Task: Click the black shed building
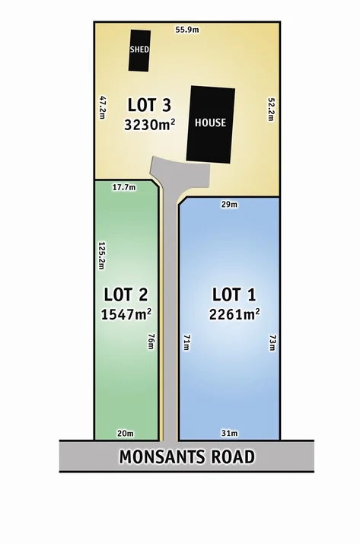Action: (139, 50)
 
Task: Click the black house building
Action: (211, 123)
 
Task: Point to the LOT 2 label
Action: (126, 294)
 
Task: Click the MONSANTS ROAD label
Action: (186, 457)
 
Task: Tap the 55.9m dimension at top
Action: (186, 29)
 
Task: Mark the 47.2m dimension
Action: (101, 107)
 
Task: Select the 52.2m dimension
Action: (270, 109)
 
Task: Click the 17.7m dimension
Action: (123, 186)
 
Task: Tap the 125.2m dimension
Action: (101, 256)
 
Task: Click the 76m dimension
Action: (151, 343)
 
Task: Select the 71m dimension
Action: (186, 343)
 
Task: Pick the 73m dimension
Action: (272, 343)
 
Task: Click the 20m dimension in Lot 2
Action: (126, 433)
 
